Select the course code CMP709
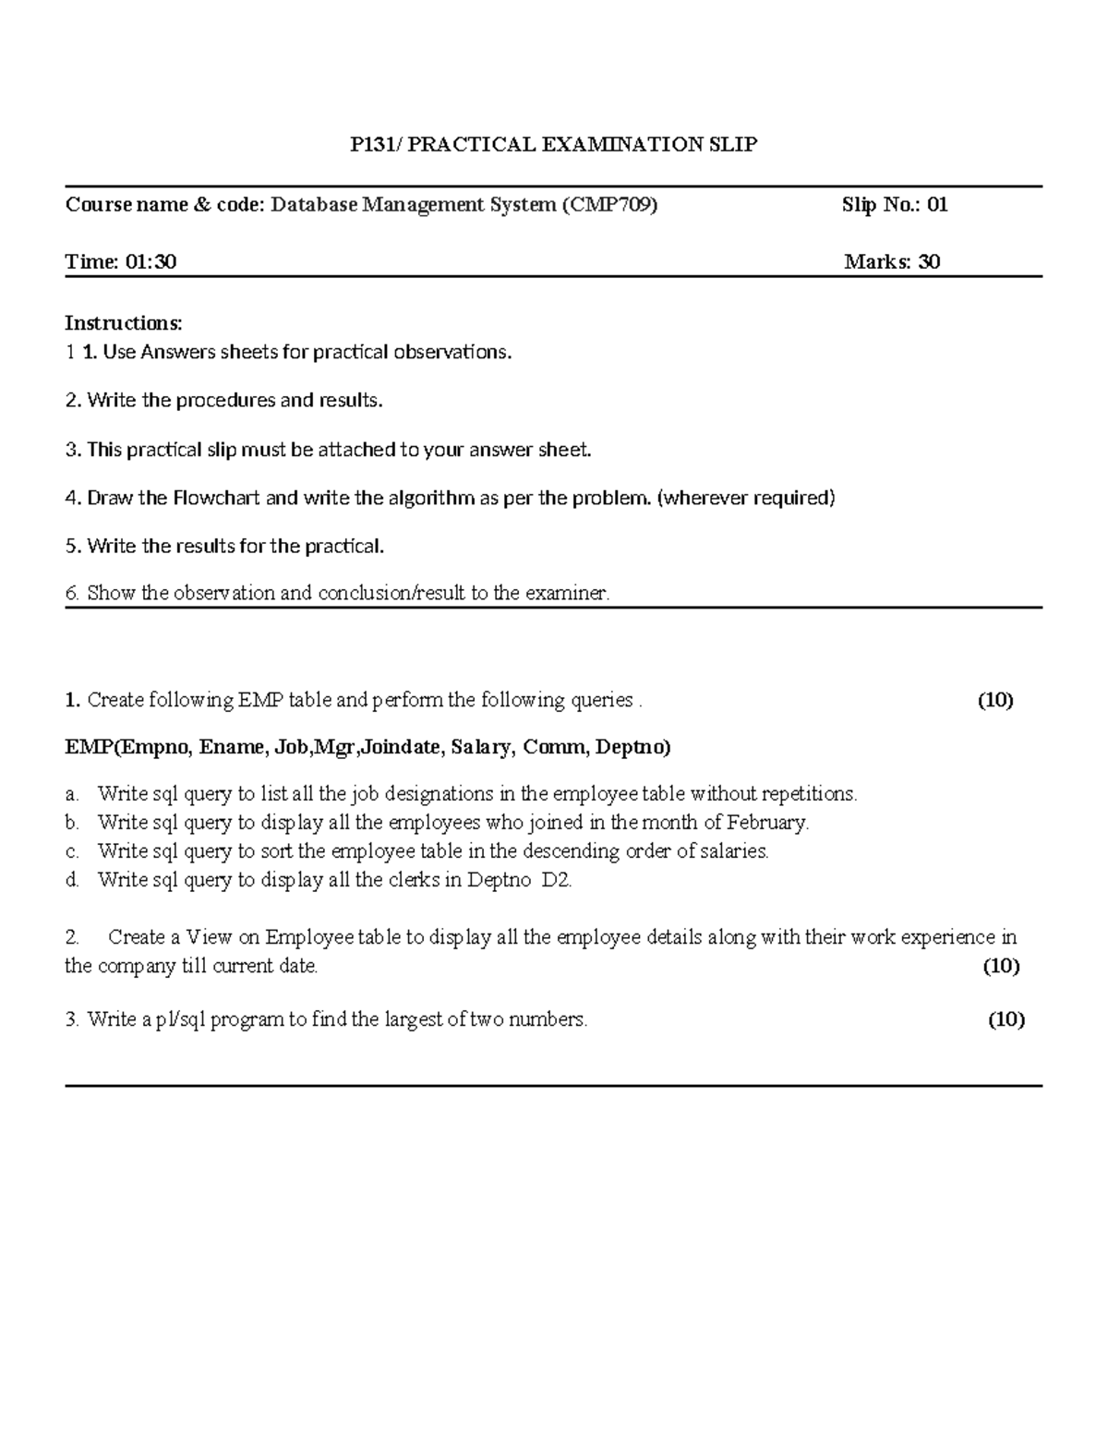point(609,205)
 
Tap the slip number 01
point(937,205)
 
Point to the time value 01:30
point(151,262)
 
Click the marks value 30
point(929,262)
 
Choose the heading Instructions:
point(124,323)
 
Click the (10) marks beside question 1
point(995,700)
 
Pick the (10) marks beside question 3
point(1006,1019)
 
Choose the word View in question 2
point(209,938)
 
